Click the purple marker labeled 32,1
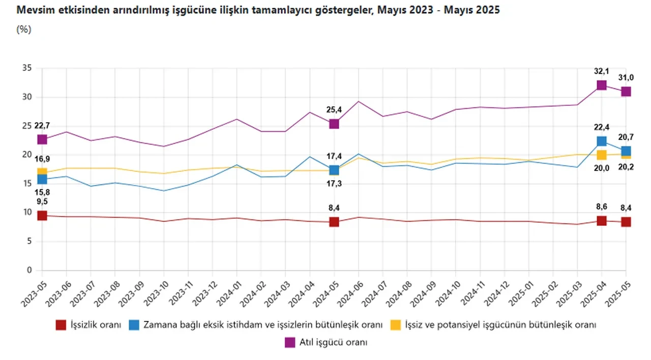[602, 85]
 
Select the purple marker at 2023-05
[42, 139]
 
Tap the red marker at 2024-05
[334, 222]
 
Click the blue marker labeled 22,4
[602, 141]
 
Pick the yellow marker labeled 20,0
[602, 155]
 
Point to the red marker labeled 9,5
[42, 216]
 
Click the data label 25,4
[334, 108]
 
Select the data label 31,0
[626, 77]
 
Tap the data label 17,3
[334, 183]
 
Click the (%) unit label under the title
[24, 29]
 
